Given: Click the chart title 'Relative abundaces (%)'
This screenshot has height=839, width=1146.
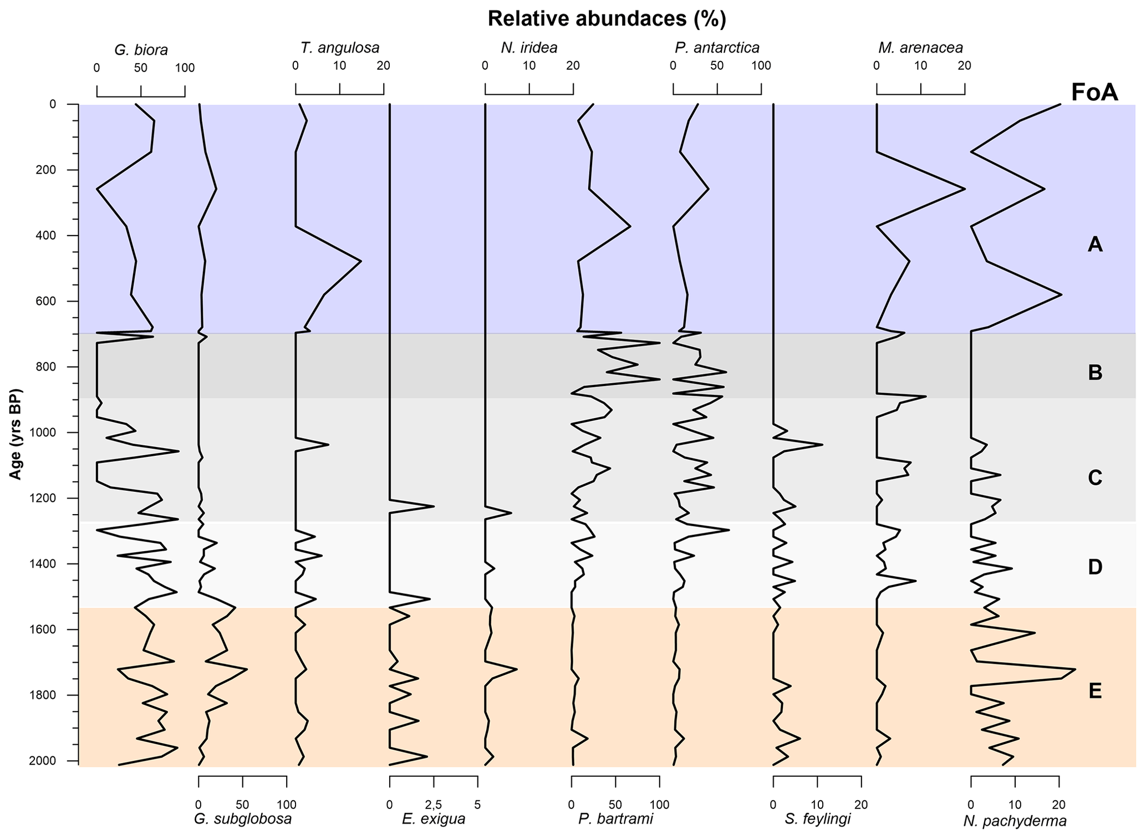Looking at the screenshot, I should tap(607, 19).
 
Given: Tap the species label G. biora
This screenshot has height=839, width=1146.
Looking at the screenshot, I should tap(141, 50).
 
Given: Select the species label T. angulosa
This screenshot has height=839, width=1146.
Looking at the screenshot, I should tap(340, 48).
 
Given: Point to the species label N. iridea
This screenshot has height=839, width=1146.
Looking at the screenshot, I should tap(529, 48).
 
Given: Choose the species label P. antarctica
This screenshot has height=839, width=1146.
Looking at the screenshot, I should tap(717, 48).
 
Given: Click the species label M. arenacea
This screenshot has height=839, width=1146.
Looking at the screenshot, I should tap(920, 48).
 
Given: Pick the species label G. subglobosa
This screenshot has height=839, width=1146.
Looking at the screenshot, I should tap(242, 819).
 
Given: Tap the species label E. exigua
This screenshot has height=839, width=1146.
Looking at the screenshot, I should tap(434, 819).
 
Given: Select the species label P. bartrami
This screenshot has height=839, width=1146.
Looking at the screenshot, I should tap(615, 819).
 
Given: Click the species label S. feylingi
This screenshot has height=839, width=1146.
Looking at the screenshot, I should tap(817, 819).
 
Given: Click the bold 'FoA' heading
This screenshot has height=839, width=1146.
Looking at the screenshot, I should tap(1094, 93).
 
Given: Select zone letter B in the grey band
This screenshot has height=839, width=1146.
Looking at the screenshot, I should tap(1094, 373).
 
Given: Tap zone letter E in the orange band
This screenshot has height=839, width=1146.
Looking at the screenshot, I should tap(1094, 691).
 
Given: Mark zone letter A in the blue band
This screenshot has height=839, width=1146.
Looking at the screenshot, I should tap(1094, 244).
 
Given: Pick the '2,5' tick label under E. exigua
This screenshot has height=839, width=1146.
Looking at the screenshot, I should tap(434, 804).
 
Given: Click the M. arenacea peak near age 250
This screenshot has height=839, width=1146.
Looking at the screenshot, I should tap(965, 189).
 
